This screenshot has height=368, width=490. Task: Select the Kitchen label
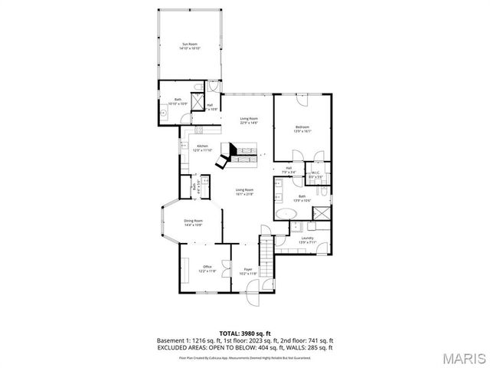pos(203,148)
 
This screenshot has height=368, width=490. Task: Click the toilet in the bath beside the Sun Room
pos(197,87)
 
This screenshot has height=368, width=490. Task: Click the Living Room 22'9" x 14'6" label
pos(248,120)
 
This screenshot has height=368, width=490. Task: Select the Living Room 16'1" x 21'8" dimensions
pos(245,194)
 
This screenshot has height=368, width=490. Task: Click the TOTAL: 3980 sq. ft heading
pos(245,333)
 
